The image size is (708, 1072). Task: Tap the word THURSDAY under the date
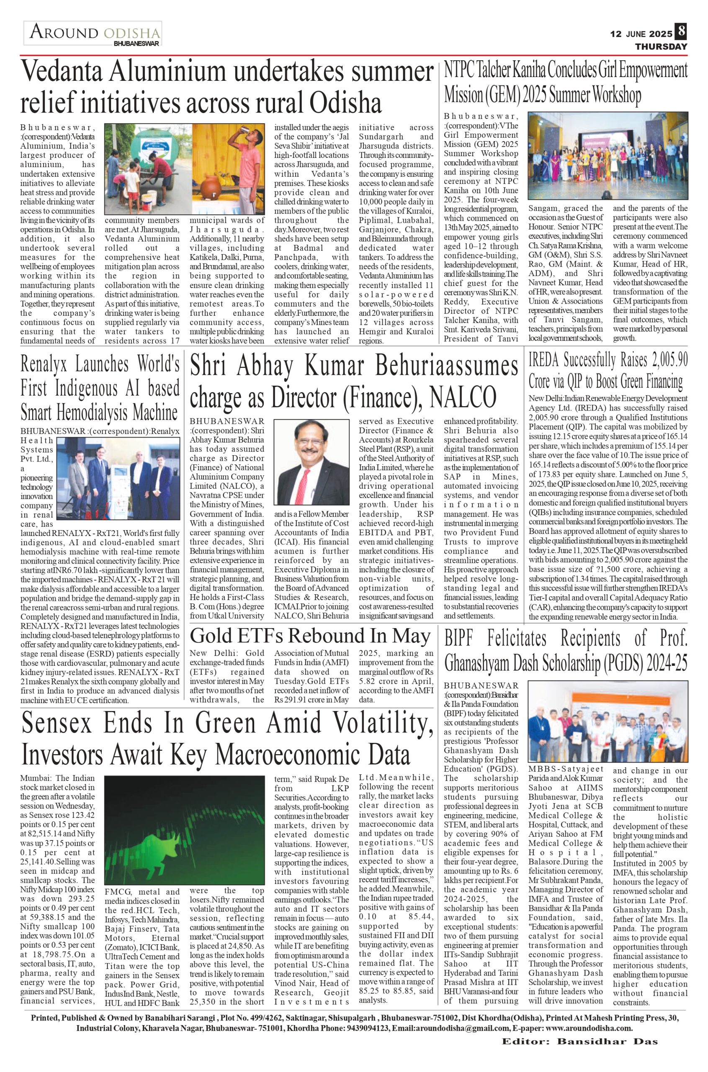point(661,46)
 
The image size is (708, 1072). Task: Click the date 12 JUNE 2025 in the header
point(641,34)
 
